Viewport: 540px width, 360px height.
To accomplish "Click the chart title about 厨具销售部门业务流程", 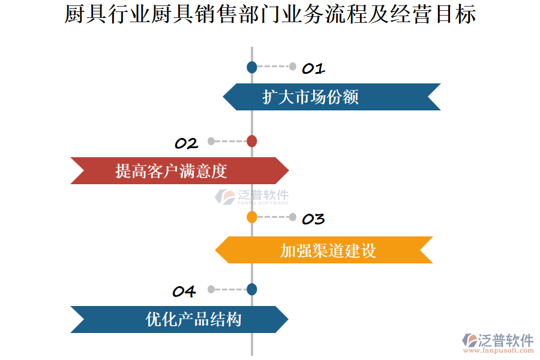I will pyautogui.click(x=270, y=15).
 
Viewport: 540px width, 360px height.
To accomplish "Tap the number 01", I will pyautogui.click(x=313, y=68).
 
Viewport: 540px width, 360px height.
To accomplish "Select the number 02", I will pyautogui.click(x=186, y=143).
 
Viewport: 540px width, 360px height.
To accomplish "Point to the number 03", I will pyautogui.click(x=313, y=219).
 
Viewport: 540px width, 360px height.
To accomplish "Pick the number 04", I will pyautogui.click(x=184, y=292).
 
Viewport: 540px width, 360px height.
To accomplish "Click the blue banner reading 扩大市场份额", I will pyautogui.click(x=331, y=97).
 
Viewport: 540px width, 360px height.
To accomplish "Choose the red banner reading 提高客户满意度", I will pyautogui.click(x=179, y=170).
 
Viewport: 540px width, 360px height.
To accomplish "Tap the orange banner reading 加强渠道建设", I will pyautogui.click(x=324, y=250).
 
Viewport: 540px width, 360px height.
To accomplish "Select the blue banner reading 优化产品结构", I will pyautogui.click(x=179, y=319).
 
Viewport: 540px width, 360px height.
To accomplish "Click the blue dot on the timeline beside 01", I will pyautogui.click(x=252, y=67).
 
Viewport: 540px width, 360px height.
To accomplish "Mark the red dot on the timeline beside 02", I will pyautogui.click(x=252, y=142).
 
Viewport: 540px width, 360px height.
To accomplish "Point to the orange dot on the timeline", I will pyautogui.click(x=252, y=217).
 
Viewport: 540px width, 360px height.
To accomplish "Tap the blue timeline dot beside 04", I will pyautogui.click(x=252, y=289).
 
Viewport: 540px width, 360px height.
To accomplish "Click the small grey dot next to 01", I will pyautogui.click(x=293, y=67).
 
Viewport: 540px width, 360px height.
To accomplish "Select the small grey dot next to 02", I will pyautogui.click(x=211, y=142).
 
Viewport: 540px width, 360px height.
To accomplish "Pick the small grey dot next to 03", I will pyautogui.click(x=293, y=217).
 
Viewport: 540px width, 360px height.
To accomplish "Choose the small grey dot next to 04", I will pyautogui.click(x=211, y=289).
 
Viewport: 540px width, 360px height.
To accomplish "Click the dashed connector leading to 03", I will pyautogui.click(x=272, y=217).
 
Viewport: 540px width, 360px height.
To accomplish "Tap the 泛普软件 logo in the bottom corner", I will pyautogui.click(x=498, y=343).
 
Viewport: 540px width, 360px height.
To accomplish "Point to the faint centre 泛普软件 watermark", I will pyautogui.click(x=252, y=197).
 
